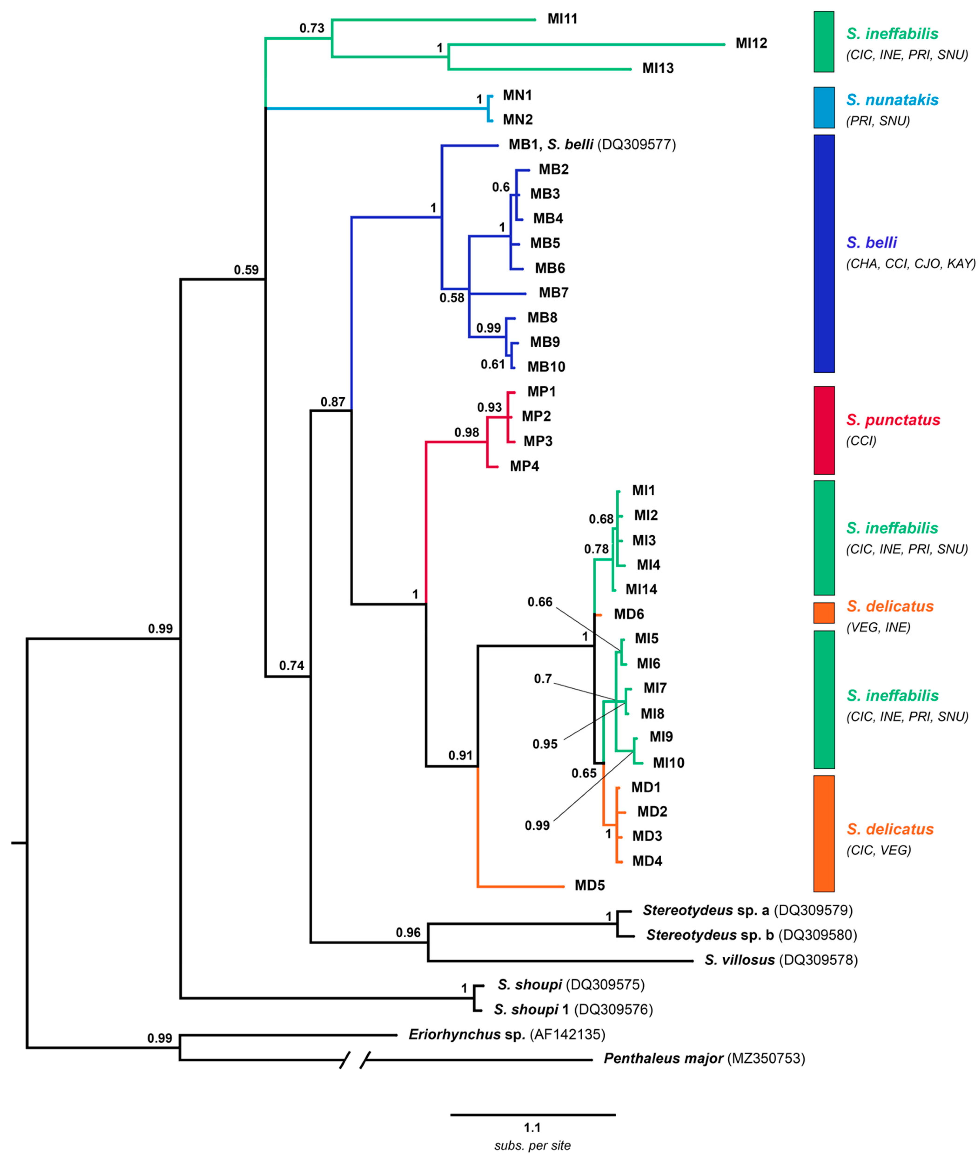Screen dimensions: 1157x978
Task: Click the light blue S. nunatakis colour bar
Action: pyautogui.click(x=824, y=107)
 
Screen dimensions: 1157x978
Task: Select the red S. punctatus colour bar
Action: pyautogui.click(x=824, y=430)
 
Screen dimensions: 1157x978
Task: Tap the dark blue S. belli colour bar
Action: pyautogui.click(x=824, y=253)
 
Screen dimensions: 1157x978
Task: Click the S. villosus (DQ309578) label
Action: pyautogui.click(x=781, y=960)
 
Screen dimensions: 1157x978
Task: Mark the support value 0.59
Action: pyautogui.click(x=246, y=270)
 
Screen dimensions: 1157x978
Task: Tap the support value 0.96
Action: pyautogui.click(x=408, y=932)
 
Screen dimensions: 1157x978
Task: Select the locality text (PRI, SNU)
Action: pyautogui.click(x=878, y=121)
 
